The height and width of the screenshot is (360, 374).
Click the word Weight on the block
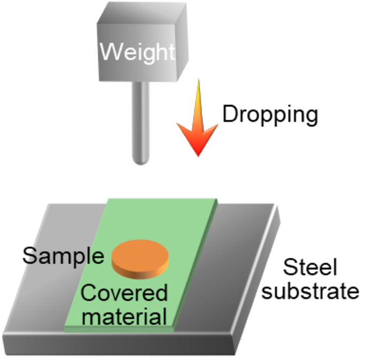(x=137, y=52)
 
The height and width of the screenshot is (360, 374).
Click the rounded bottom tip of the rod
(x=141, y=162)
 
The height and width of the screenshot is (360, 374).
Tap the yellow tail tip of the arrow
(x=198, y=80)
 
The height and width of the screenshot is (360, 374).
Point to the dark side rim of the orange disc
(x=140, y=272)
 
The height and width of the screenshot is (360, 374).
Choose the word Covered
(x=124, y=293)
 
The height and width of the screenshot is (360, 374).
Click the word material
(x=124, y=316)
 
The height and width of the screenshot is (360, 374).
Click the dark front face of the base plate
(x=118, y=345)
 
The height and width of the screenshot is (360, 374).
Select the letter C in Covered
(x=88, y=293)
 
